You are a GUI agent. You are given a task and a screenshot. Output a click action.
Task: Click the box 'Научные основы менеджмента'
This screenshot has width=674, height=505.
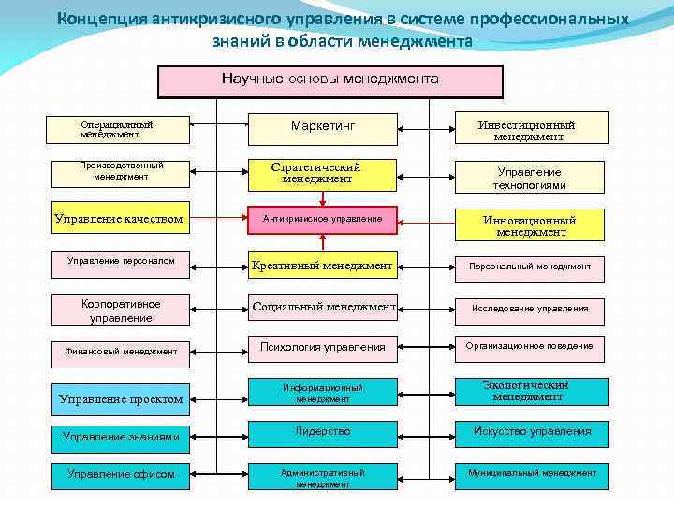(330, 81)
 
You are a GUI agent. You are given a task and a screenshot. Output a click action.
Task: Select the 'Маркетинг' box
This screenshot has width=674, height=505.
(323, 125)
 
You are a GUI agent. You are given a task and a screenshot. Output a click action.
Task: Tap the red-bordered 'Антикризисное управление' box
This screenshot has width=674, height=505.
(323, 219)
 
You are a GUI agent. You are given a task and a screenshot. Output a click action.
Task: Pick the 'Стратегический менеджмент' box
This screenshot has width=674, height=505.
(323, 172)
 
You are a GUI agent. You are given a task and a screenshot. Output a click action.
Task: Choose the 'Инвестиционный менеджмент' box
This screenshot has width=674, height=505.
(529, 130)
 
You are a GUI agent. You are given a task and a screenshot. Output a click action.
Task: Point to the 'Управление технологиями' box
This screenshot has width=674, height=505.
(529, 178)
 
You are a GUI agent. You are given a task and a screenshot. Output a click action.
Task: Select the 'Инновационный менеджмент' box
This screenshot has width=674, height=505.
(529, 225)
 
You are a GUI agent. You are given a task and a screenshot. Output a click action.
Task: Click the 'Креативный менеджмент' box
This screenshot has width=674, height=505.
(323, 266)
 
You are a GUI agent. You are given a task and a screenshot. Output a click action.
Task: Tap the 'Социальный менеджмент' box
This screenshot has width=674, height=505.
(323, 306)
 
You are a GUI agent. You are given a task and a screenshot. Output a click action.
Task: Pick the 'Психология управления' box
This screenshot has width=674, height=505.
(323, 347)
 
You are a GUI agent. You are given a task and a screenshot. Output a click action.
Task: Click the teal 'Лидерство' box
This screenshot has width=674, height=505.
(323, 431)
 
